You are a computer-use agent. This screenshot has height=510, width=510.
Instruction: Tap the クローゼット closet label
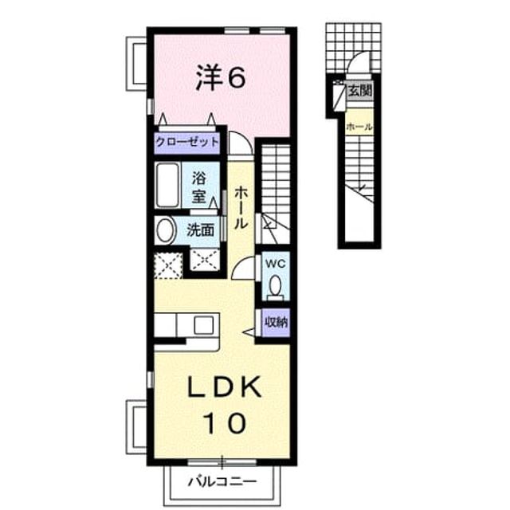coord(187,143)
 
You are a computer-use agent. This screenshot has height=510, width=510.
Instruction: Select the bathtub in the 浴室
coord(167,186)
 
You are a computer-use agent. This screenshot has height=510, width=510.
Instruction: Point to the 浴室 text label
coord(198,187)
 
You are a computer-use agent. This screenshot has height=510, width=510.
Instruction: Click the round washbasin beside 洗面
coord(165,229)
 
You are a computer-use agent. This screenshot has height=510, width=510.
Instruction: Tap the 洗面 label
coord(200,230)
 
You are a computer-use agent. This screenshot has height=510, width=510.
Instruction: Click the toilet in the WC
coord(276,287)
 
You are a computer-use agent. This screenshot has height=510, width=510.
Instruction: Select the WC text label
coord(276,264)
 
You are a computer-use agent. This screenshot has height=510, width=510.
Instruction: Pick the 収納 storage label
coord(277,322)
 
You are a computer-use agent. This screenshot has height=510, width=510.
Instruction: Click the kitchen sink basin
coord(204,325)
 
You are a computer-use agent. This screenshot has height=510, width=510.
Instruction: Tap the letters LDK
coord(224,386)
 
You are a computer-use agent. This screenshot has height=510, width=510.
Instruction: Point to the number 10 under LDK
coord(225,423)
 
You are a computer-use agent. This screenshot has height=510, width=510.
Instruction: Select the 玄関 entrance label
coord(359,90)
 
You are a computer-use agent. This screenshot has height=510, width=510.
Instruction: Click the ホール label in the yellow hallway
coord(241,207)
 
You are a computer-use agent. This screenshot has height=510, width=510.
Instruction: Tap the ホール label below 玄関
coord(359,127)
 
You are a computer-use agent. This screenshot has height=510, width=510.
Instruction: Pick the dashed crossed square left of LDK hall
coord(168,265)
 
